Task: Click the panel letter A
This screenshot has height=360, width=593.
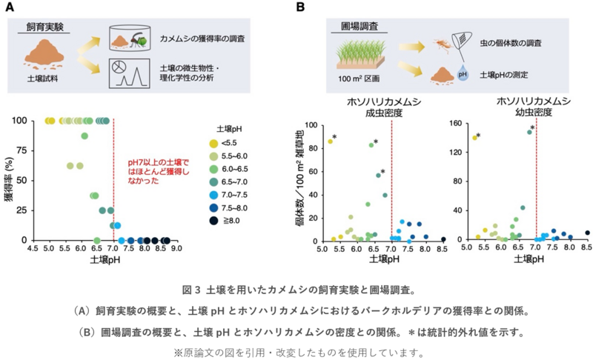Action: pyautogui.click(x=10, y=7)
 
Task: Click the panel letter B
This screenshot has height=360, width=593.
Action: pyautogui.click(x=300, y=7)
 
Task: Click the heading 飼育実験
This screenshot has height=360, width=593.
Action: pyautogui.click(x=45, y=27)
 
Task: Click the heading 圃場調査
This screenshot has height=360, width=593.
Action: pyautogui.click(x=360, y=27)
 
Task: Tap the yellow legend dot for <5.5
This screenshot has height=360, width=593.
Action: pyautogui.click(x=214, y=143)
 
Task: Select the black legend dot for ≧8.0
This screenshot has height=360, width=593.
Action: pyautogui.click(x=214, y=221)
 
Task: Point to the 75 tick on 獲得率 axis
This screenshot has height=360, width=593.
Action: pyautogui.click(x=22, y=150)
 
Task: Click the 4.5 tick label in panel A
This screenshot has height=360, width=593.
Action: pyautogui.click(x=33, y=249)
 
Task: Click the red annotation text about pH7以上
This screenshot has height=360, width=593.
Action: pyautogui.click(x=158, y=172)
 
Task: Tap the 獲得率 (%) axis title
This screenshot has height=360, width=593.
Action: pyautogui.click(x=9, y=180)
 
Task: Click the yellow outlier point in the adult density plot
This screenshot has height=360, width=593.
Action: pyautogui.click(x=330, y=141)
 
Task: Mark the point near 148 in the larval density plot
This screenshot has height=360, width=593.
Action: pyautogui.click(x=529, y=132)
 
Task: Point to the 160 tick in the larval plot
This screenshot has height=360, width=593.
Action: pyautogui.click(x=456, y=123)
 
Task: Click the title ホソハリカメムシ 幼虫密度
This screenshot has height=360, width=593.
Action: pyautogui.click(x=534, y=107)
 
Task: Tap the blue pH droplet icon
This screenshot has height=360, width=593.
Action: pyautogui.click(x=463, y=74)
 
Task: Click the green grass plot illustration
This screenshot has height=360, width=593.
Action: pyautogui.click(x=361, y=56)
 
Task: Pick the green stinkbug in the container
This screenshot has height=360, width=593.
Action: pyautogui.click(x=139, y=40)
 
